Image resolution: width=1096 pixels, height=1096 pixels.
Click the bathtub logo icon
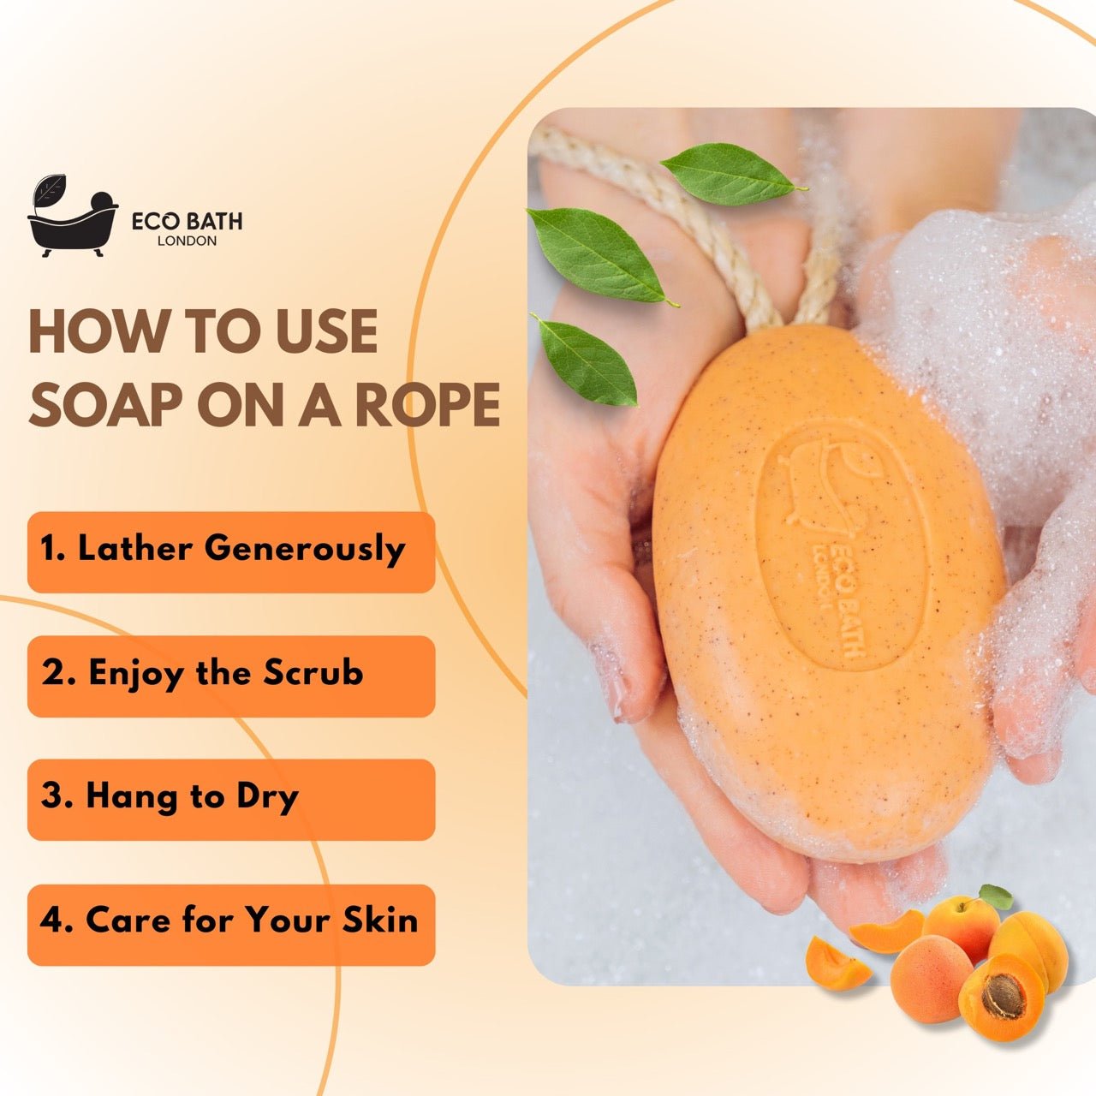(x=72, y=218)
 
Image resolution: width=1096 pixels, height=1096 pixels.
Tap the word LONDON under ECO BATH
(x=187, y=241)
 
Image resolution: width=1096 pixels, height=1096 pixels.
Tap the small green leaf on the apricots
(x=996, y=896)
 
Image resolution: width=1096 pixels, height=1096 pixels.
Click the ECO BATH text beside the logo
(x=187, y=221)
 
